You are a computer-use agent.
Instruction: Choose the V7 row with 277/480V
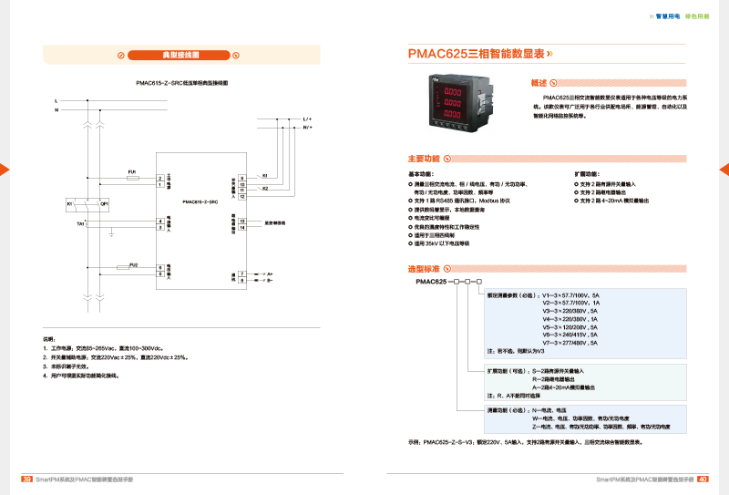[x=570, y=342]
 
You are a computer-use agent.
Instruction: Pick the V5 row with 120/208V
[x=570, y=326]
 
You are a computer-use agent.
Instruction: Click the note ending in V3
[x=515, y=351]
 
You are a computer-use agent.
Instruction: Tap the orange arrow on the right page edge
[x=724, y=170]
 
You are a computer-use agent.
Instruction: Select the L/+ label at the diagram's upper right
[x=306, y=119]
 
